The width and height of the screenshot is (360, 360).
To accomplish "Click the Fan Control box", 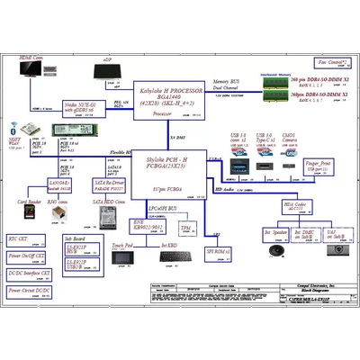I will click(332, 62).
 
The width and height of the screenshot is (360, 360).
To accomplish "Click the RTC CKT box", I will click(24, 239).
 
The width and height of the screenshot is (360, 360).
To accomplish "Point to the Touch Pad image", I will click(123, 258).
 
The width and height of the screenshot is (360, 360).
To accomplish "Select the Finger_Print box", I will click(319, 166).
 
